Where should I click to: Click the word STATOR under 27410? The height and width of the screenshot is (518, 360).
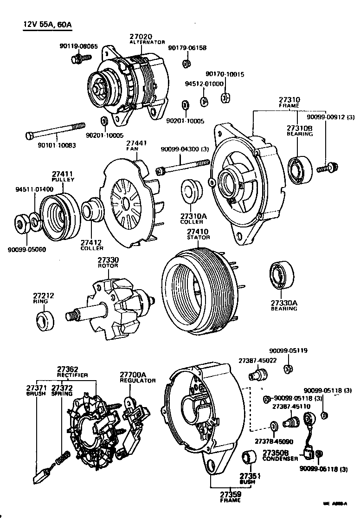tap(198, 237)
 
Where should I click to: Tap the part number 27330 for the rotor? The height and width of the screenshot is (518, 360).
tap(108, 260)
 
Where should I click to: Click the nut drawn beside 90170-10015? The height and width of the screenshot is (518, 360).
tap(226, 97)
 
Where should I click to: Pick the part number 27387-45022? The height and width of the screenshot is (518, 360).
tap(257, 360)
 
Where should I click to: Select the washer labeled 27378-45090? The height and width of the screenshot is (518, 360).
tap(274, 425)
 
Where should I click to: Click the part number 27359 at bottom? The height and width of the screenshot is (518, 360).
tap(230, 495)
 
